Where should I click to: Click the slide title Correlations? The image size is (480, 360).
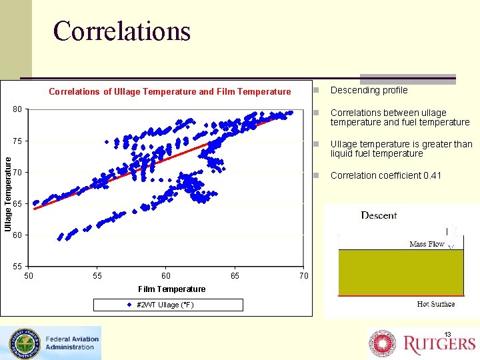(121, 31)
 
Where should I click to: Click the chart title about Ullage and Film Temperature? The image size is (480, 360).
(170, 91)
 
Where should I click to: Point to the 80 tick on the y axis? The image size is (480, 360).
(17, 109)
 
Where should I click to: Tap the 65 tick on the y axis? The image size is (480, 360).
(17, 203)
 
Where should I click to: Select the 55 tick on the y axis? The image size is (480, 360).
(17, 266)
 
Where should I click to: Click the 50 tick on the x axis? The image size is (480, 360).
(29, 275)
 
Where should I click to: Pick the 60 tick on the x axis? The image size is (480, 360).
(166, 275)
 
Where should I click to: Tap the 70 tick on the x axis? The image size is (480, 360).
(303, 275)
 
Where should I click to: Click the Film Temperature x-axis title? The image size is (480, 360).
(171, 289)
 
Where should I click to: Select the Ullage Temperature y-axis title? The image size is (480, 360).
(8, 191)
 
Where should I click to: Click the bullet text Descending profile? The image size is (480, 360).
(369, 90)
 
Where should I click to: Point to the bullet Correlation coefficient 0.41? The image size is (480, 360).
(385, 175)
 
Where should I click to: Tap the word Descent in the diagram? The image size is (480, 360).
(379, 215)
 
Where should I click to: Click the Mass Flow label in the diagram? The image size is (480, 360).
(427, 244)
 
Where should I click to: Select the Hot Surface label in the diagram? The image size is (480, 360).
(435, 304)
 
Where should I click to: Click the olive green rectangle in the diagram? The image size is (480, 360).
(400, 272)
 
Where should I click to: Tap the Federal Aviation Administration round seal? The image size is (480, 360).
(23, 343)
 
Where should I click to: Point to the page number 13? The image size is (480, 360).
(448, 334)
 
